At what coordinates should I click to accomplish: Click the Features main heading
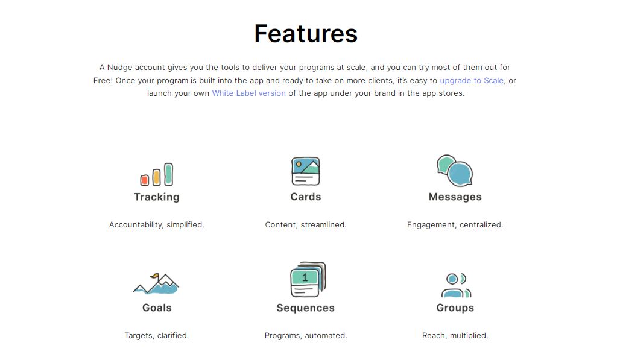(306, 34)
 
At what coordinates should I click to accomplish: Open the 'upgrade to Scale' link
(472, 80)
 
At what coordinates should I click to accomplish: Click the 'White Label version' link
(248, 93)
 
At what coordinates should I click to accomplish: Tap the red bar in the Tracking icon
(145, 180)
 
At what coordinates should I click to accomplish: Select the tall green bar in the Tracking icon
(169, 174)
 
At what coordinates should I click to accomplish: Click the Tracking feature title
(157, 197)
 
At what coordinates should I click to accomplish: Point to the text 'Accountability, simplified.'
(157, 224)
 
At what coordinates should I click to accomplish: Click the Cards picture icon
(305, 171)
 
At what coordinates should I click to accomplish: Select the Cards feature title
(306, 197)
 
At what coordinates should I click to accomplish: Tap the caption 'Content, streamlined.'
(306, 224)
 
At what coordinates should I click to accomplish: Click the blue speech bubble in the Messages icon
(461, 174)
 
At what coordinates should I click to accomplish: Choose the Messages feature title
(455, 197)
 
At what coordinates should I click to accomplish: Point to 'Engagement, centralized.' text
(455, 224)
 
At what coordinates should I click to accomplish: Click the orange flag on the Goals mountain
(156, 277)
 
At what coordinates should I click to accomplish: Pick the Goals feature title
(157, 308)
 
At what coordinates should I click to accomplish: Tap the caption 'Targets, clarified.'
(157, 335)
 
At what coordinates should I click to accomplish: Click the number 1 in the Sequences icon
(305, 277)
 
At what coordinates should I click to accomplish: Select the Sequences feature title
(306, 308)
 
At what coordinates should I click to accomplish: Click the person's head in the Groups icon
(452, 279)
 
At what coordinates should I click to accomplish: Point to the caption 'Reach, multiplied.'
(455, 335)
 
